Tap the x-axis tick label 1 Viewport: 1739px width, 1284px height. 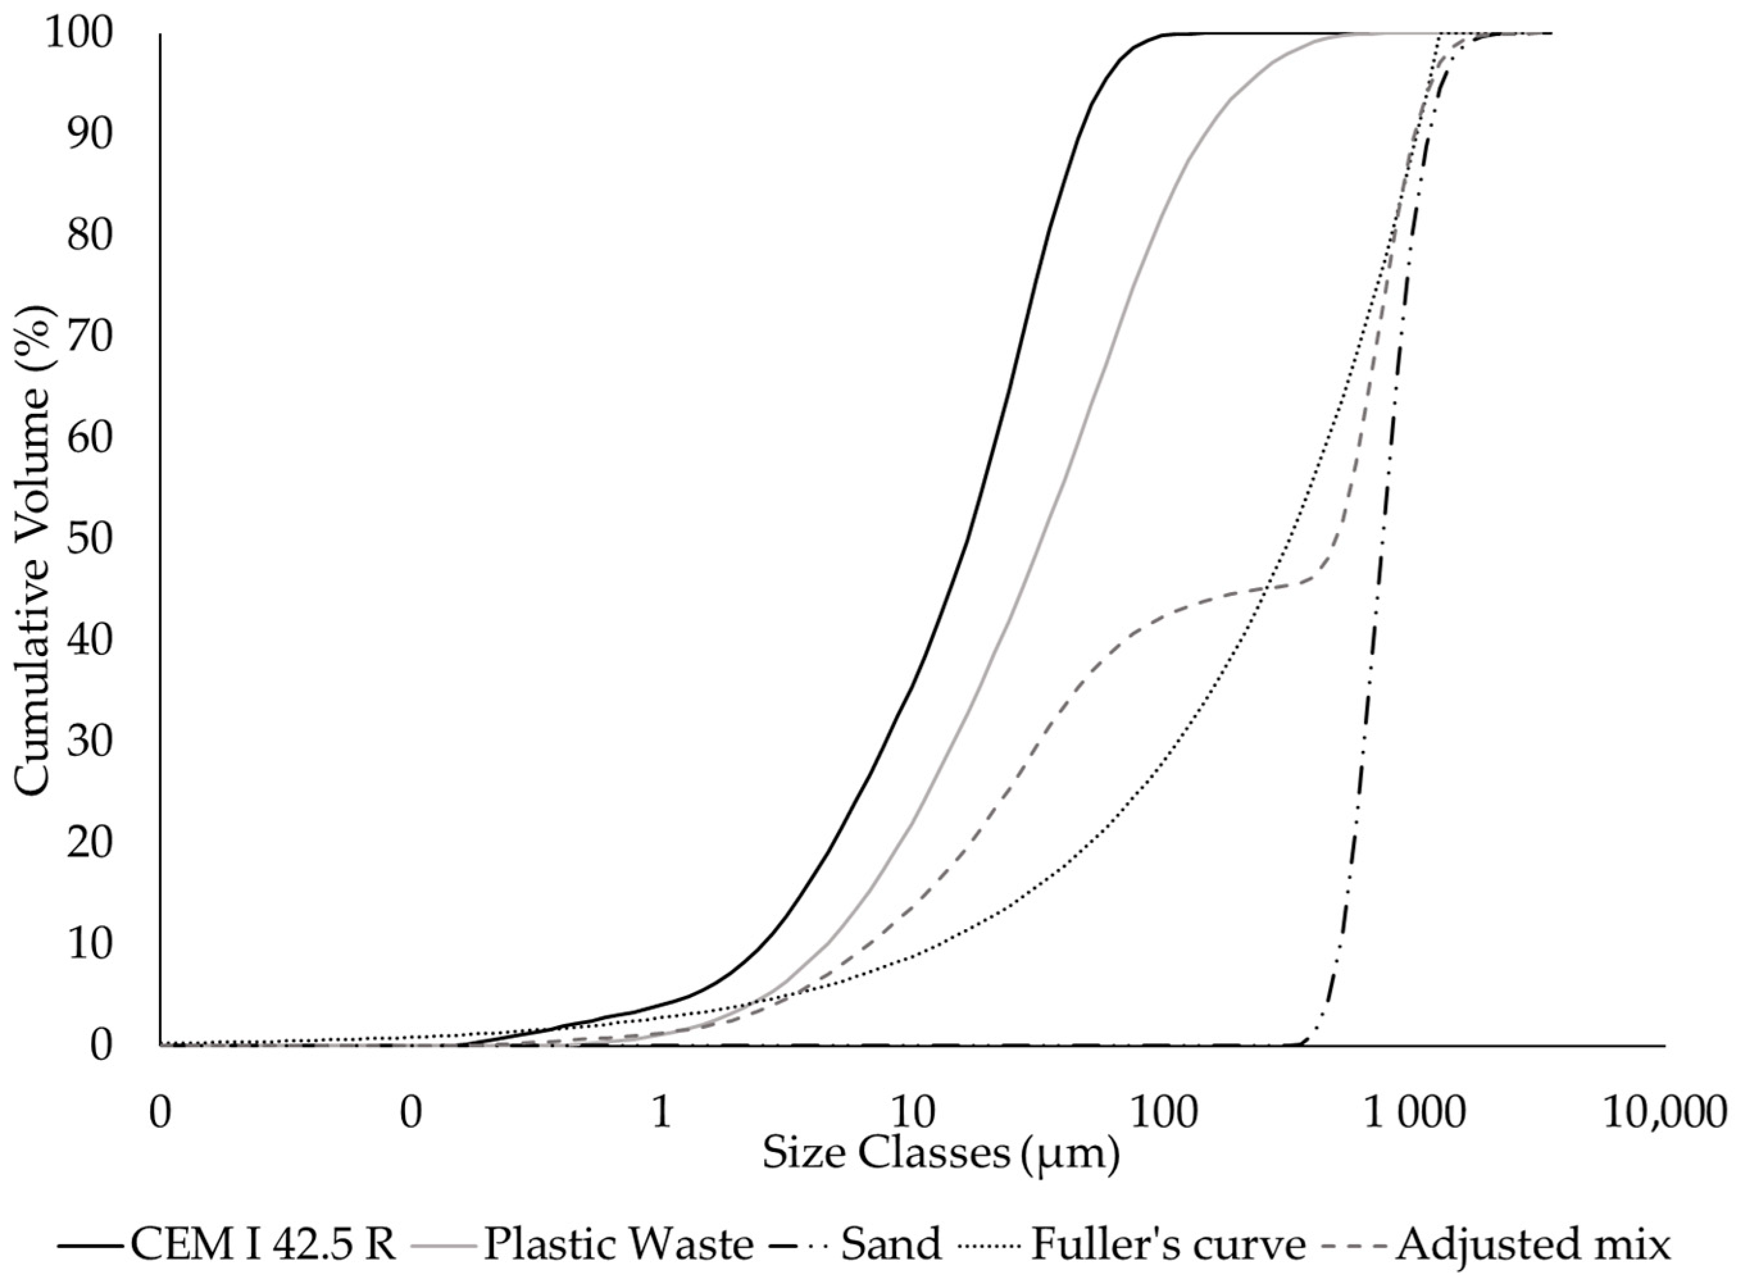(661, 1114)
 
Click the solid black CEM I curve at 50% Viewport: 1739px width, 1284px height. (968, 540)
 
